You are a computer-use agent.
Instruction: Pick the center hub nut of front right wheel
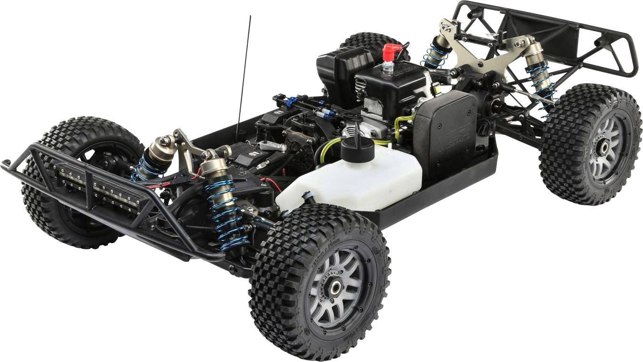(x=335, y=287)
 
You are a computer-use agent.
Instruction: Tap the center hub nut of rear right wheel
(x=603, y=147)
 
